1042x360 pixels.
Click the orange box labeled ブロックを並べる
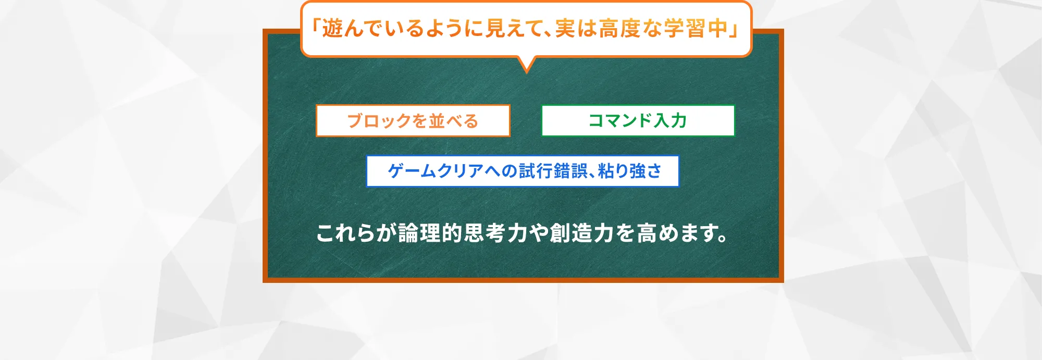413,121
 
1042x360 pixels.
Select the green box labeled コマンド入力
638,121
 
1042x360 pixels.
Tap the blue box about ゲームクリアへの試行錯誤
523,171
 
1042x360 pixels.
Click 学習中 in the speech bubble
696,29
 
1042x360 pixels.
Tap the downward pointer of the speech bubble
527,65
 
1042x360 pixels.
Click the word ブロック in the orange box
379,121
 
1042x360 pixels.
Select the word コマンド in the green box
621,121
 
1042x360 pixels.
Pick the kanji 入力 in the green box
671,121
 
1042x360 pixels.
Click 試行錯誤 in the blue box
553,171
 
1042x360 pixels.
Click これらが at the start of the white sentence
356,233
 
